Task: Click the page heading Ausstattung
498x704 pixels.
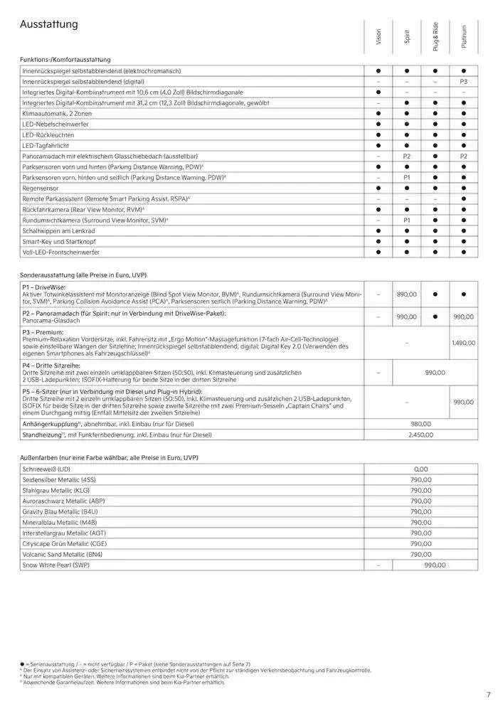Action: pos(49,25)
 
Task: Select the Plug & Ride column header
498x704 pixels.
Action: pos(435,36)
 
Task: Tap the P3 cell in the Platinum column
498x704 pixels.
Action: pos(464,82)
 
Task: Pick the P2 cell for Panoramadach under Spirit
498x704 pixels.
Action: pos(408,156)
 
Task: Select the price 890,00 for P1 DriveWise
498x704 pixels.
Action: pos(407,294)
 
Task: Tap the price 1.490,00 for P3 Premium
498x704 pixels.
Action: pos(464,343)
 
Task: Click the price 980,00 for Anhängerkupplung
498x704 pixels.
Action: pos(421,424)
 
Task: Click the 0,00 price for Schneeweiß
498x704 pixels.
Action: pos(421,469)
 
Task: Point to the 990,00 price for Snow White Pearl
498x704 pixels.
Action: pos(435,565)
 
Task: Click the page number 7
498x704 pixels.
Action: pos(489,695)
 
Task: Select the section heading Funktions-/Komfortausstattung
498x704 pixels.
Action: pos(65,60)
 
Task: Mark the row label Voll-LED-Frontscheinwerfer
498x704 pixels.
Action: pos(61,252)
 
